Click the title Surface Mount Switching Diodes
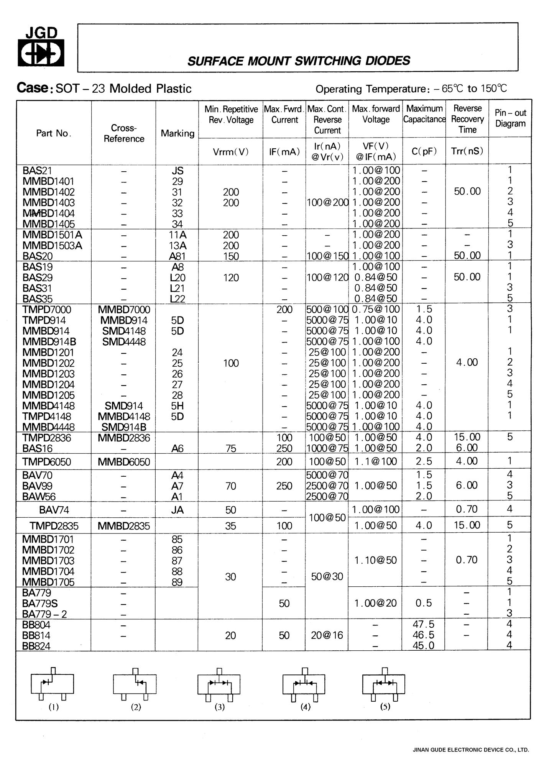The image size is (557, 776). tap(299, 61)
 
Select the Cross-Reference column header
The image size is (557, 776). tap(124, 133)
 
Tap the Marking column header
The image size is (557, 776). tap(177, 133)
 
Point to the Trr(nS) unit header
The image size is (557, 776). tap(467, 151)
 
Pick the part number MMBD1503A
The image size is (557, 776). tap(52, 246)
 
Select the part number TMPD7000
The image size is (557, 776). tap(47, 310)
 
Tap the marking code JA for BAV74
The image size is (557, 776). tap(177, 510)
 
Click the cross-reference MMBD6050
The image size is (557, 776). tap(124, 462)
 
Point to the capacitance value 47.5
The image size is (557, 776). tap(424, 625)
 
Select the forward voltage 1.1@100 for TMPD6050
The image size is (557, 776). tap(376, 461)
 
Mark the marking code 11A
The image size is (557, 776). tap(177, 235)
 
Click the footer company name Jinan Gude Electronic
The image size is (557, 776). tap(471, 750)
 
